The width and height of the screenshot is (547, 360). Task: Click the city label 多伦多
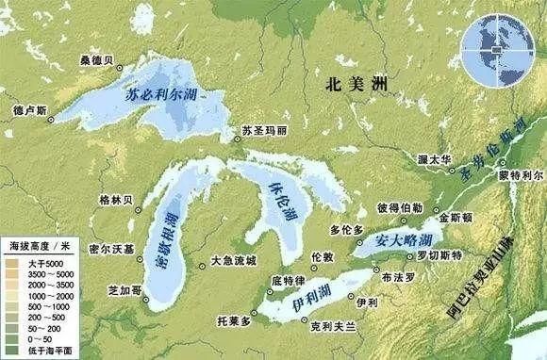(346, 229)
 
